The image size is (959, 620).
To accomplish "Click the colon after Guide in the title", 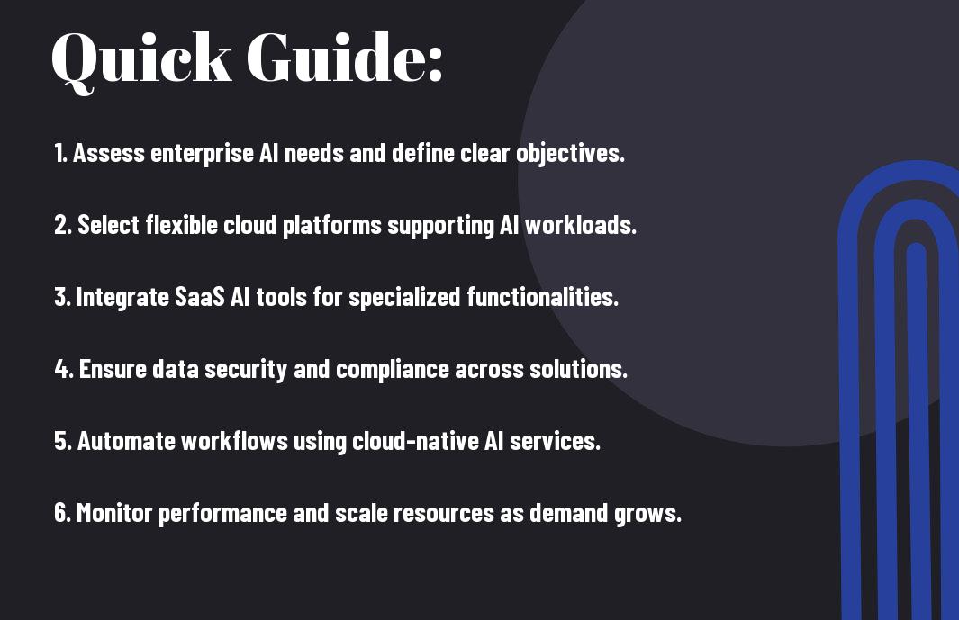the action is pos(434,64).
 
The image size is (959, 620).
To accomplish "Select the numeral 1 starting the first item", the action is pos(59,153).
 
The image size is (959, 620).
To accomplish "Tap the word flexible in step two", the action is pos(182,225).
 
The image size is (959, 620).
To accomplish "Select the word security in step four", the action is pos(246,370).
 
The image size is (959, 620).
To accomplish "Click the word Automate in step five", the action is pos(126,441).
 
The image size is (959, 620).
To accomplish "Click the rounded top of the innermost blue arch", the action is pos(916,248).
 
